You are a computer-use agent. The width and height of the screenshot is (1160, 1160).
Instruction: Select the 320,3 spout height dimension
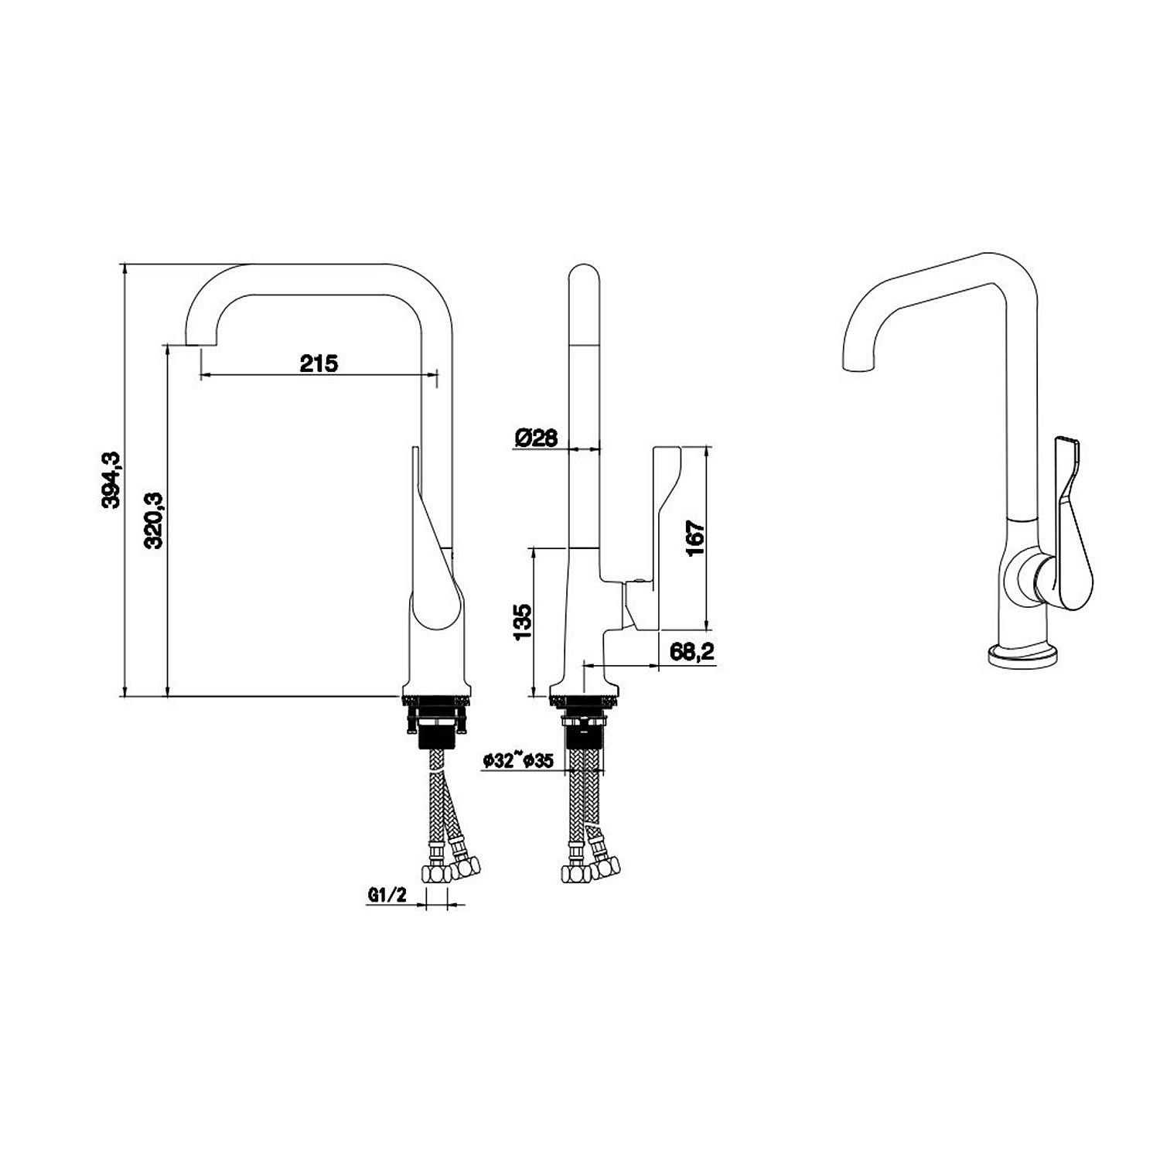pos(154,520)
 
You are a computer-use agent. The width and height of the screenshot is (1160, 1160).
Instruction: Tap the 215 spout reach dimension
pos(319,363)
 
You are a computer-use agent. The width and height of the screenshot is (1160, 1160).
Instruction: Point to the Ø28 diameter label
pos(534,438)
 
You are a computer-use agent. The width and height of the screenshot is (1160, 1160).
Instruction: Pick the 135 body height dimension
pos(523,622)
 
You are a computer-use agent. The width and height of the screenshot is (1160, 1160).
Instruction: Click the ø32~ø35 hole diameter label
pos(517,761)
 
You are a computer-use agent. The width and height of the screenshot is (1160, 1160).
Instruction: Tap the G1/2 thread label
pos(387,896)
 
